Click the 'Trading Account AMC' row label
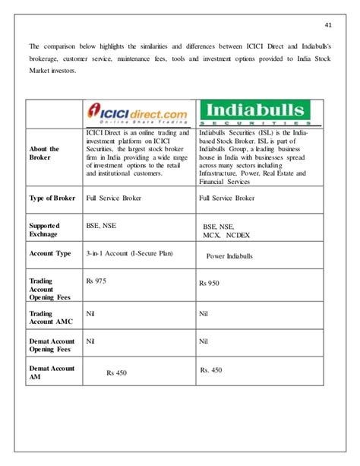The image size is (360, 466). (x=50, y=317)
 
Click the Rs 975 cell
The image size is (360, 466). (x=96, y=281)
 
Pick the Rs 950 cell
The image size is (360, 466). (x=210, y=283)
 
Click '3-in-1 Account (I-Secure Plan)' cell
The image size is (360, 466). (x=128, y=252)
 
